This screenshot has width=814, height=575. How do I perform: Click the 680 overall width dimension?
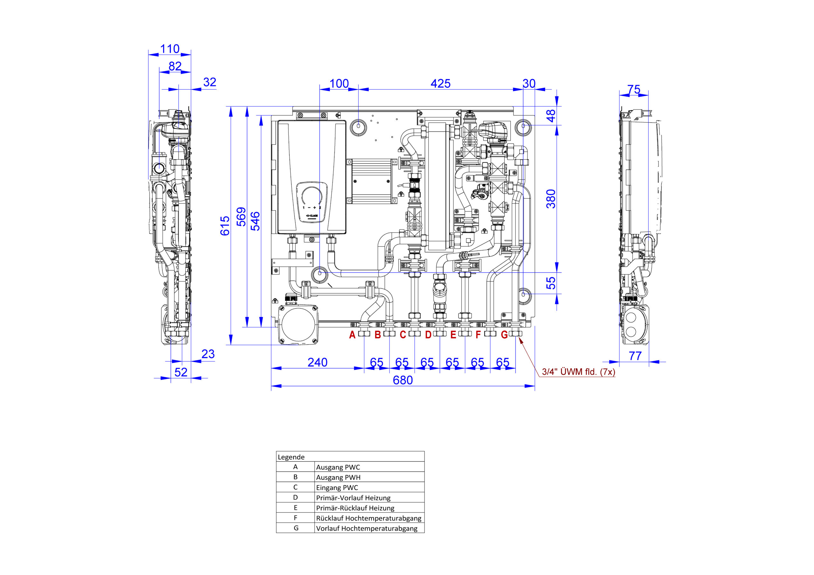tap(403, 380)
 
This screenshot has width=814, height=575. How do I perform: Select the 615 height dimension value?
tap(225, 226)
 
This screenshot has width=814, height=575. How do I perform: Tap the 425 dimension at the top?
tap(440, 84)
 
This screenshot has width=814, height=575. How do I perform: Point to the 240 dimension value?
tap(317, 362)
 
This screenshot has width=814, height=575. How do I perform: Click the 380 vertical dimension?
tap(551, 199)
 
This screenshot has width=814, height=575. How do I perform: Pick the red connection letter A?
tap(352, 335)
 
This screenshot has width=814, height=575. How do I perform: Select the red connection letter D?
tap(428, 335)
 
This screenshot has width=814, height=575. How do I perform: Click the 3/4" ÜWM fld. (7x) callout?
tap(578, 372)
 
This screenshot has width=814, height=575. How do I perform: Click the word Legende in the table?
tap(291, 457)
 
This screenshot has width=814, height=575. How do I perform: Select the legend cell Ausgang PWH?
tap(338, 477)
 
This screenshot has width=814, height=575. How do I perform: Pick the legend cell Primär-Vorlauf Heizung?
tap(353, 498)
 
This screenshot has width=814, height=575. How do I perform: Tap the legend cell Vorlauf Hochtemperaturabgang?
tap(367, 529)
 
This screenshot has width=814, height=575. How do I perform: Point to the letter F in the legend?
tap(296, 517)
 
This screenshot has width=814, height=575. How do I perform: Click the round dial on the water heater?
tap(312, 196)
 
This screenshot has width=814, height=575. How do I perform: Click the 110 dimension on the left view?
tap(170, 49)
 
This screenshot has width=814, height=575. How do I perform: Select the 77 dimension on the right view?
tap(635, 356)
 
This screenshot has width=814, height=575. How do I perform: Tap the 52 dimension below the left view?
tap(181, 372)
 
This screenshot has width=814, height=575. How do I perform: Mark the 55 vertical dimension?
tap(551, 283)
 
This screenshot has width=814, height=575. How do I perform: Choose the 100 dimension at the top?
tap(339, 84)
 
